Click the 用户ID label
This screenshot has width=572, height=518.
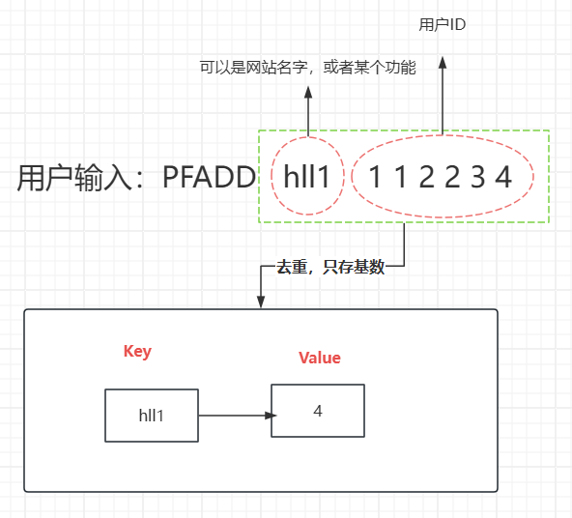[443, 25]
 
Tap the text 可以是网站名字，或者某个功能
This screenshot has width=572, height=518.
[308, 68]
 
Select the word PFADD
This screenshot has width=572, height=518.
[209, 177]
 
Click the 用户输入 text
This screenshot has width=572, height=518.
[74, 178]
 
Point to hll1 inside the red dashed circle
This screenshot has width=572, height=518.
[307, 177]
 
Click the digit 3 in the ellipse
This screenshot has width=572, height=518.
[478, 177]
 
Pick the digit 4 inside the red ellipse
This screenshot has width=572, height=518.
[503, 177]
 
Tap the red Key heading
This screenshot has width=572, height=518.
[137, 352]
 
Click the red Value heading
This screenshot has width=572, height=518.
[320, 358]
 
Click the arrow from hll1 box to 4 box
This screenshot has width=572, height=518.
[237, 416]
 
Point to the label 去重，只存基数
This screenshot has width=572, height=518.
[330, 267]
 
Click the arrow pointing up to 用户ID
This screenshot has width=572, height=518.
[443, 96]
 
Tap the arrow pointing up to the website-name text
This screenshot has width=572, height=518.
[308, 111]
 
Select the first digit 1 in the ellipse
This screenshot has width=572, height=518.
[375, 177]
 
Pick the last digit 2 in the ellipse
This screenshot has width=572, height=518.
[452, 177]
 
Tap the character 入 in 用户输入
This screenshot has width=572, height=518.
[117, 178]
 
